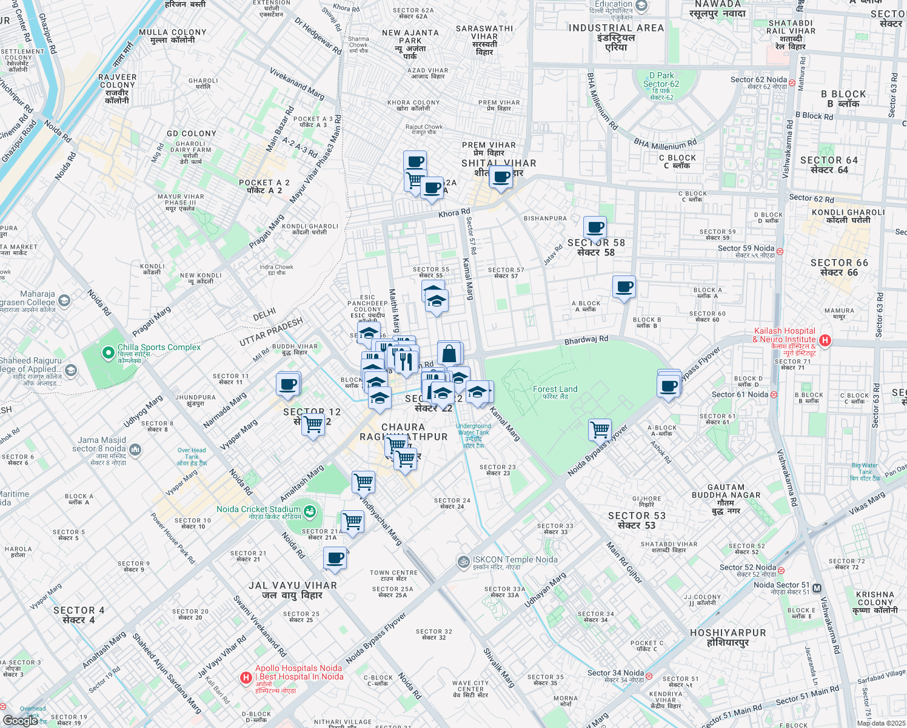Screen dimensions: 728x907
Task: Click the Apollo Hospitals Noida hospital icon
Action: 246,678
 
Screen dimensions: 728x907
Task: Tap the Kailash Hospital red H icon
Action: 825,340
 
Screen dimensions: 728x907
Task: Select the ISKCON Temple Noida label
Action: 515,560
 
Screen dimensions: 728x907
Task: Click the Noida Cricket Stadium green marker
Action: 310,511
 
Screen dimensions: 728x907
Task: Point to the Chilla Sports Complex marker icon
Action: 108,352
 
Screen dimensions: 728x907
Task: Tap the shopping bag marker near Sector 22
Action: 449,354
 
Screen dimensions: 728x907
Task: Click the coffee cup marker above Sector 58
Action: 595,228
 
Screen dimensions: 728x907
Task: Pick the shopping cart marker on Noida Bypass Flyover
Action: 600,430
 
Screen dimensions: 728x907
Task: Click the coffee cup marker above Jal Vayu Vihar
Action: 335,558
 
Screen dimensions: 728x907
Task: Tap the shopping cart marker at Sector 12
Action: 313,424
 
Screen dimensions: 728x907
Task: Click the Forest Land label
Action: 555,389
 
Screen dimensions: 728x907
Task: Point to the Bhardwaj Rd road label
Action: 586,340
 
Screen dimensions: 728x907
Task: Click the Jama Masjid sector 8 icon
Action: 135,450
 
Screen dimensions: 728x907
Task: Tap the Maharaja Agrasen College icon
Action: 64,300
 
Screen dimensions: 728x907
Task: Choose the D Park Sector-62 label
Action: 661,80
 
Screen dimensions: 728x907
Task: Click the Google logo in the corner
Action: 20,720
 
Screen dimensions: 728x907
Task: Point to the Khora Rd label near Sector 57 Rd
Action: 454,214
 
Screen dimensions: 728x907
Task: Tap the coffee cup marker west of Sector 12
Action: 289,385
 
